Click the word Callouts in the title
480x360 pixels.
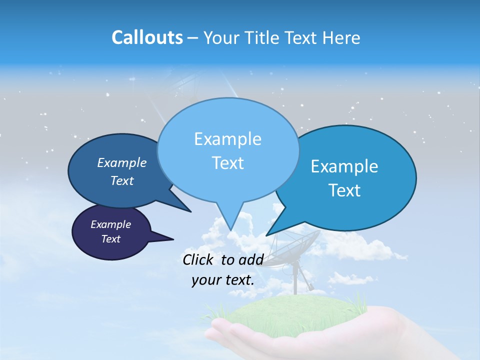147,37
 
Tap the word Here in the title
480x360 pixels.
341,37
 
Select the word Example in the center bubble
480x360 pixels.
227,139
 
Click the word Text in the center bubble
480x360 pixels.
227,163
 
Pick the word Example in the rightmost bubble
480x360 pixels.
344,166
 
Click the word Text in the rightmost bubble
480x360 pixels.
344,190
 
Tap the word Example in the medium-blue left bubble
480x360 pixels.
122,162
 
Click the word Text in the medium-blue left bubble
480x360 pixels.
122,180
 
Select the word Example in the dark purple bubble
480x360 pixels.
110,224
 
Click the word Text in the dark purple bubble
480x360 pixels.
110,239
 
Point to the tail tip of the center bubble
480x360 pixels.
230,230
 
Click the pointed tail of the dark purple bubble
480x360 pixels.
172,239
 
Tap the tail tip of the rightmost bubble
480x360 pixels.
267,235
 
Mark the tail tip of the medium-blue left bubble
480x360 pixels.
190,211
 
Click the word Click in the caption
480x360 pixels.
199,259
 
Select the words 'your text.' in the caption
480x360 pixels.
223,280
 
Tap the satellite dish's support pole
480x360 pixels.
295,280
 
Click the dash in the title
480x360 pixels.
193,38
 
